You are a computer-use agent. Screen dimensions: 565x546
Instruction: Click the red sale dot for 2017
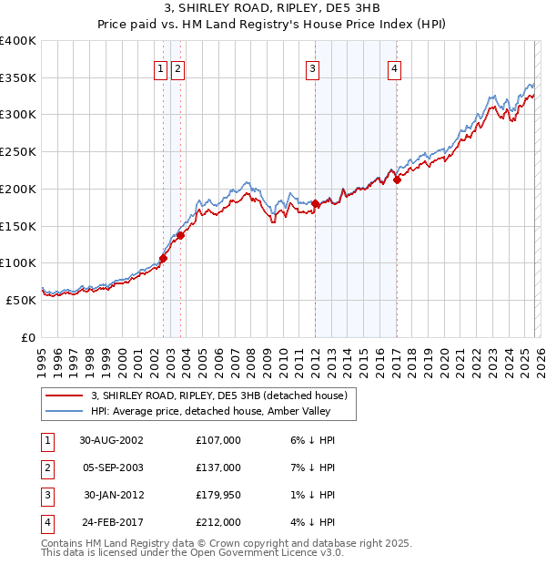(397, 180)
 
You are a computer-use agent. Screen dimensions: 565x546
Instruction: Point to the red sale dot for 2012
(315, 203)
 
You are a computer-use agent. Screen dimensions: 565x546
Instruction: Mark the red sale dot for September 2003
(180, 235)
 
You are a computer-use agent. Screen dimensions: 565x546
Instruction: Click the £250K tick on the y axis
(18, 151)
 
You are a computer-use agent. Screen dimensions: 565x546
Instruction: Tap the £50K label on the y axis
(21, 299)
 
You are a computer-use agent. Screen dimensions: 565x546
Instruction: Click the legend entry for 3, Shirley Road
(219, 396)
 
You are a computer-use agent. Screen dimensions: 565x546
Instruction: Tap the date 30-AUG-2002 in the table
(111, 440)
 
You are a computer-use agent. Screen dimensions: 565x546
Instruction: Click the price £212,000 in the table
(217, 522)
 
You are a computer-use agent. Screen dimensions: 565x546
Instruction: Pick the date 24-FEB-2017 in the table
(111, 522)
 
